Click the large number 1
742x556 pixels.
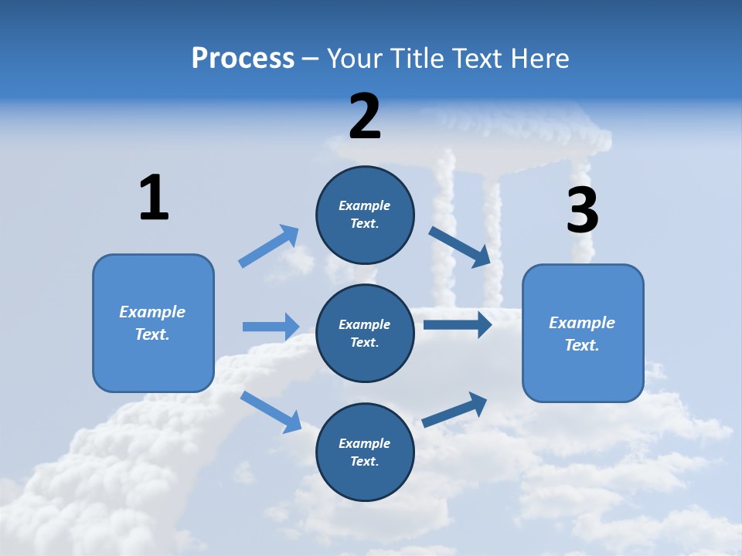pos(154,198)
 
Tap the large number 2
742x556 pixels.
pos(365,117)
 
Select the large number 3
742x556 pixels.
pos(583,211)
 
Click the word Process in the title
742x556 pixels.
pos(243,58)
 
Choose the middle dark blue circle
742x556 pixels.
pos(365,333)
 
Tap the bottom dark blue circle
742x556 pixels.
pos(365,452)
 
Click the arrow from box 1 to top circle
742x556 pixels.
pos(269,246)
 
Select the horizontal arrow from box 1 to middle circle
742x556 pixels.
pos(271,327)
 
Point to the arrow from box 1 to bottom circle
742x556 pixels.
pos(271,411)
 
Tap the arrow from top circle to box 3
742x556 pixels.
pos(460,246)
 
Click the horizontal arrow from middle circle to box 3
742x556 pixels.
pos(458,324)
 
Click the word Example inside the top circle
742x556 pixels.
pos(365,205)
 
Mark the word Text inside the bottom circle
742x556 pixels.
pos(363,461)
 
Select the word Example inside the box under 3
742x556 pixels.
pos(582,323)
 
